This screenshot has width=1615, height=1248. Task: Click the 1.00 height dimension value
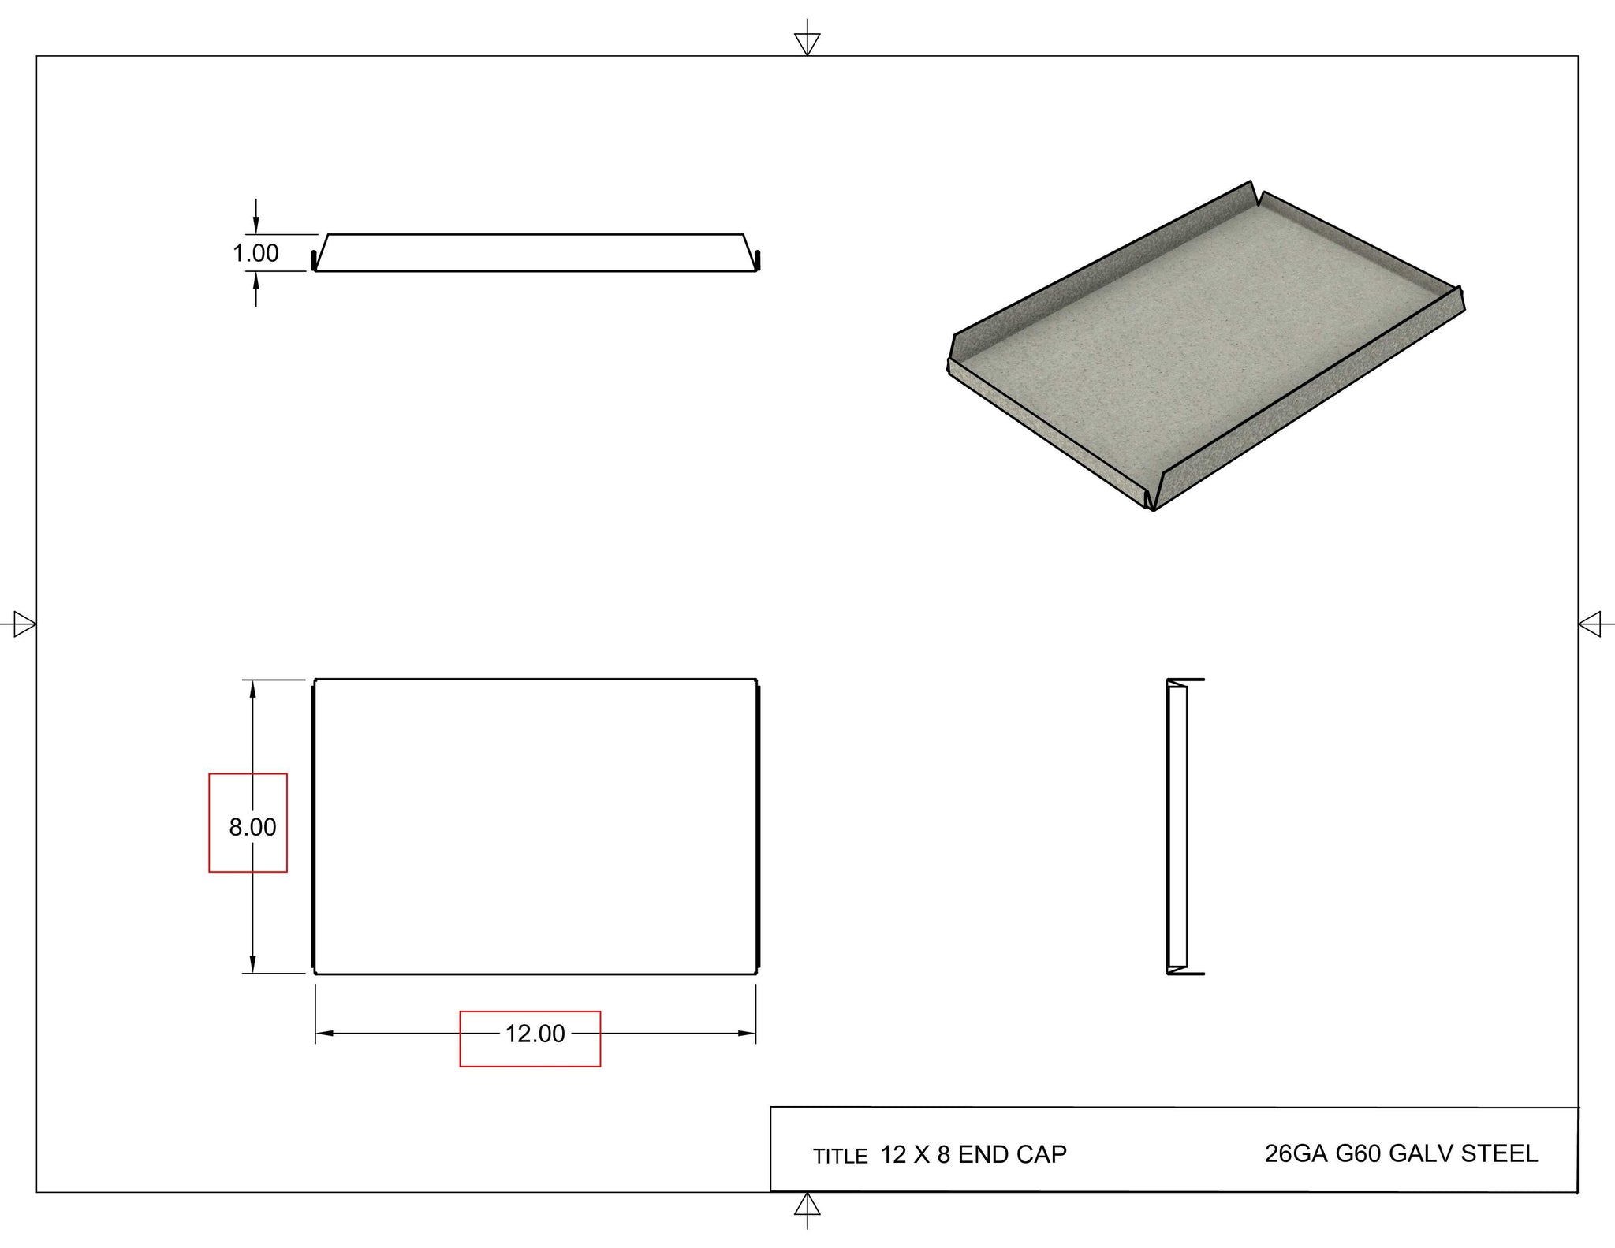click(255, 253)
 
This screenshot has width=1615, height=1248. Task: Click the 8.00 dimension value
click(252, 827)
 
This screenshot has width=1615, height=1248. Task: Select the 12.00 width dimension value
click(535, 1034)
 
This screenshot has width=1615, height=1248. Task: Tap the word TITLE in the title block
click(840, 1157)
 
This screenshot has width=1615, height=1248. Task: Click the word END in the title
click(983, 1154)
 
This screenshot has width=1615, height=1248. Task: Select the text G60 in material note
click(1358, 1153)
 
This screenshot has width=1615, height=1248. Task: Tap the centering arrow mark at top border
click(807, 43)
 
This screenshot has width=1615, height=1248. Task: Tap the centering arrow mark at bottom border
click(807, 1205)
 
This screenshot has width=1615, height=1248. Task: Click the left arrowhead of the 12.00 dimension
click(324, 1033)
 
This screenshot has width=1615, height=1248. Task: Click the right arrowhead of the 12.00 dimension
click(747, 1033)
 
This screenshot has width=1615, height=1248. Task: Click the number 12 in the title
click(893, 1154)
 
